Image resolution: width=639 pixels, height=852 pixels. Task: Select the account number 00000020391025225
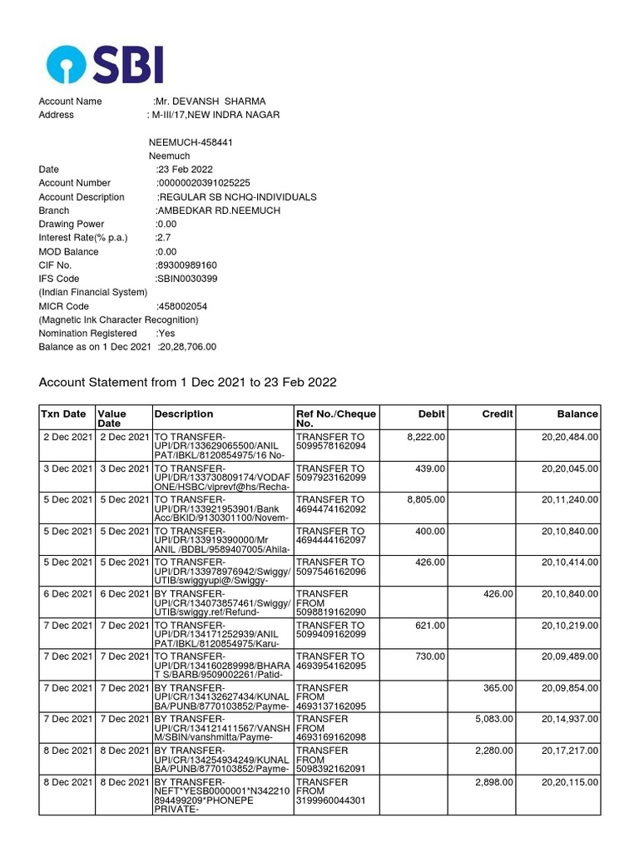coord(204,183)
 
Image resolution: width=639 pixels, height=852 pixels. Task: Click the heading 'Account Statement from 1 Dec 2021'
coord(187,382)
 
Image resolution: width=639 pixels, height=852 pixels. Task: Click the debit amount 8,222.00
coord(426,437)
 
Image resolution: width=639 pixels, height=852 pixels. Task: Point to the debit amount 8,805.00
coord(426,499)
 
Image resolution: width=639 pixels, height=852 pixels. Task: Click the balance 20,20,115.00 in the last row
coord(570,782)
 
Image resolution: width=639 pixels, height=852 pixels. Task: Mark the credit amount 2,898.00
coord(494,782)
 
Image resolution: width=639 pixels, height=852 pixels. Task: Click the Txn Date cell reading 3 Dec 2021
coord(67,468)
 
